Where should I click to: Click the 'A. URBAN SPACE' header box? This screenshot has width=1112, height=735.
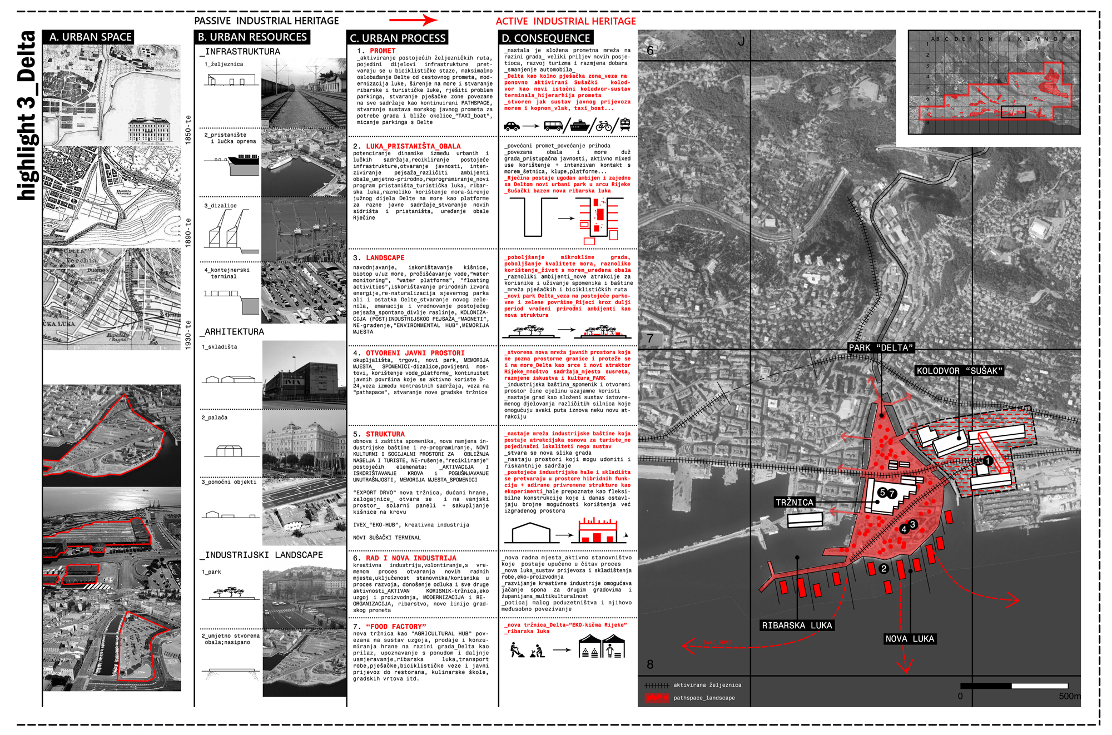[88, 37]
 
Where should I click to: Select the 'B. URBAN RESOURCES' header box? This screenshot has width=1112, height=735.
[252, 37]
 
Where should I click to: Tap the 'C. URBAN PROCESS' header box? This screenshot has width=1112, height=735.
[398, 38]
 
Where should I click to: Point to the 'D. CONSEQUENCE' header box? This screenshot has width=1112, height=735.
[545, 38]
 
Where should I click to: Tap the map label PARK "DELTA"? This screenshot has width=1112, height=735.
[881, 348]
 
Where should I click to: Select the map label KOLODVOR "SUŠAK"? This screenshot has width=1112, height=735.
[959, 371]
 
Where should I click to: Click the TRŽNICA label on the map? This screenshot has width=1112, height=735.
[795, 503]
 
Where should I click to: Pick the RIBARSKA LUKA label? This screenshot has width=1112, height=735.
[797, 625]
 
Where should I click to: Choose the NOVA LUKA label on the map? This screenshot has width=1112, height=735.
[910, 639]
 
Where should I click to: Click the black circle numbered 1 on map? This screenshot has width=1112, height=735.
[987, 461]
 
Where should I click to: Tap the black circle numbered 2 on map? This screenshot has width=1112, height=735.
[883, 569]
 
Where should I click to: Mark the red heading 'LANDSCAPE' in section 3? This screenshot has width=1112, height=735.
[385, 258]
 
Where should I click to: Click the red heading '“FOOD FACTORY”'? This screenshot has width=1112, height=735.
[396, 627]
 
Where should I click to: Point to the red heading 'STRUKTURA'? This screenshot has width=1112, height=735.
[385, 434]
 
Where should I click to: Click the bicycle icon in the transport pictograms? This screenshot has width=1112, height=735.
[603, 126]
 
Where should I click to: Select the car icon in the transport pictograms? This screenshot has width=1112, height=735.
[512, 126]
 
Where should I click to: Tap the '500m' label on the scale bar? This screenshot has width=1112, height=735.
[1069, 696]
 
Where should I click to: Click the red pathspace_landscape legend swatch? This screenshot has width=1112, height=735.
[657, 698]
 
